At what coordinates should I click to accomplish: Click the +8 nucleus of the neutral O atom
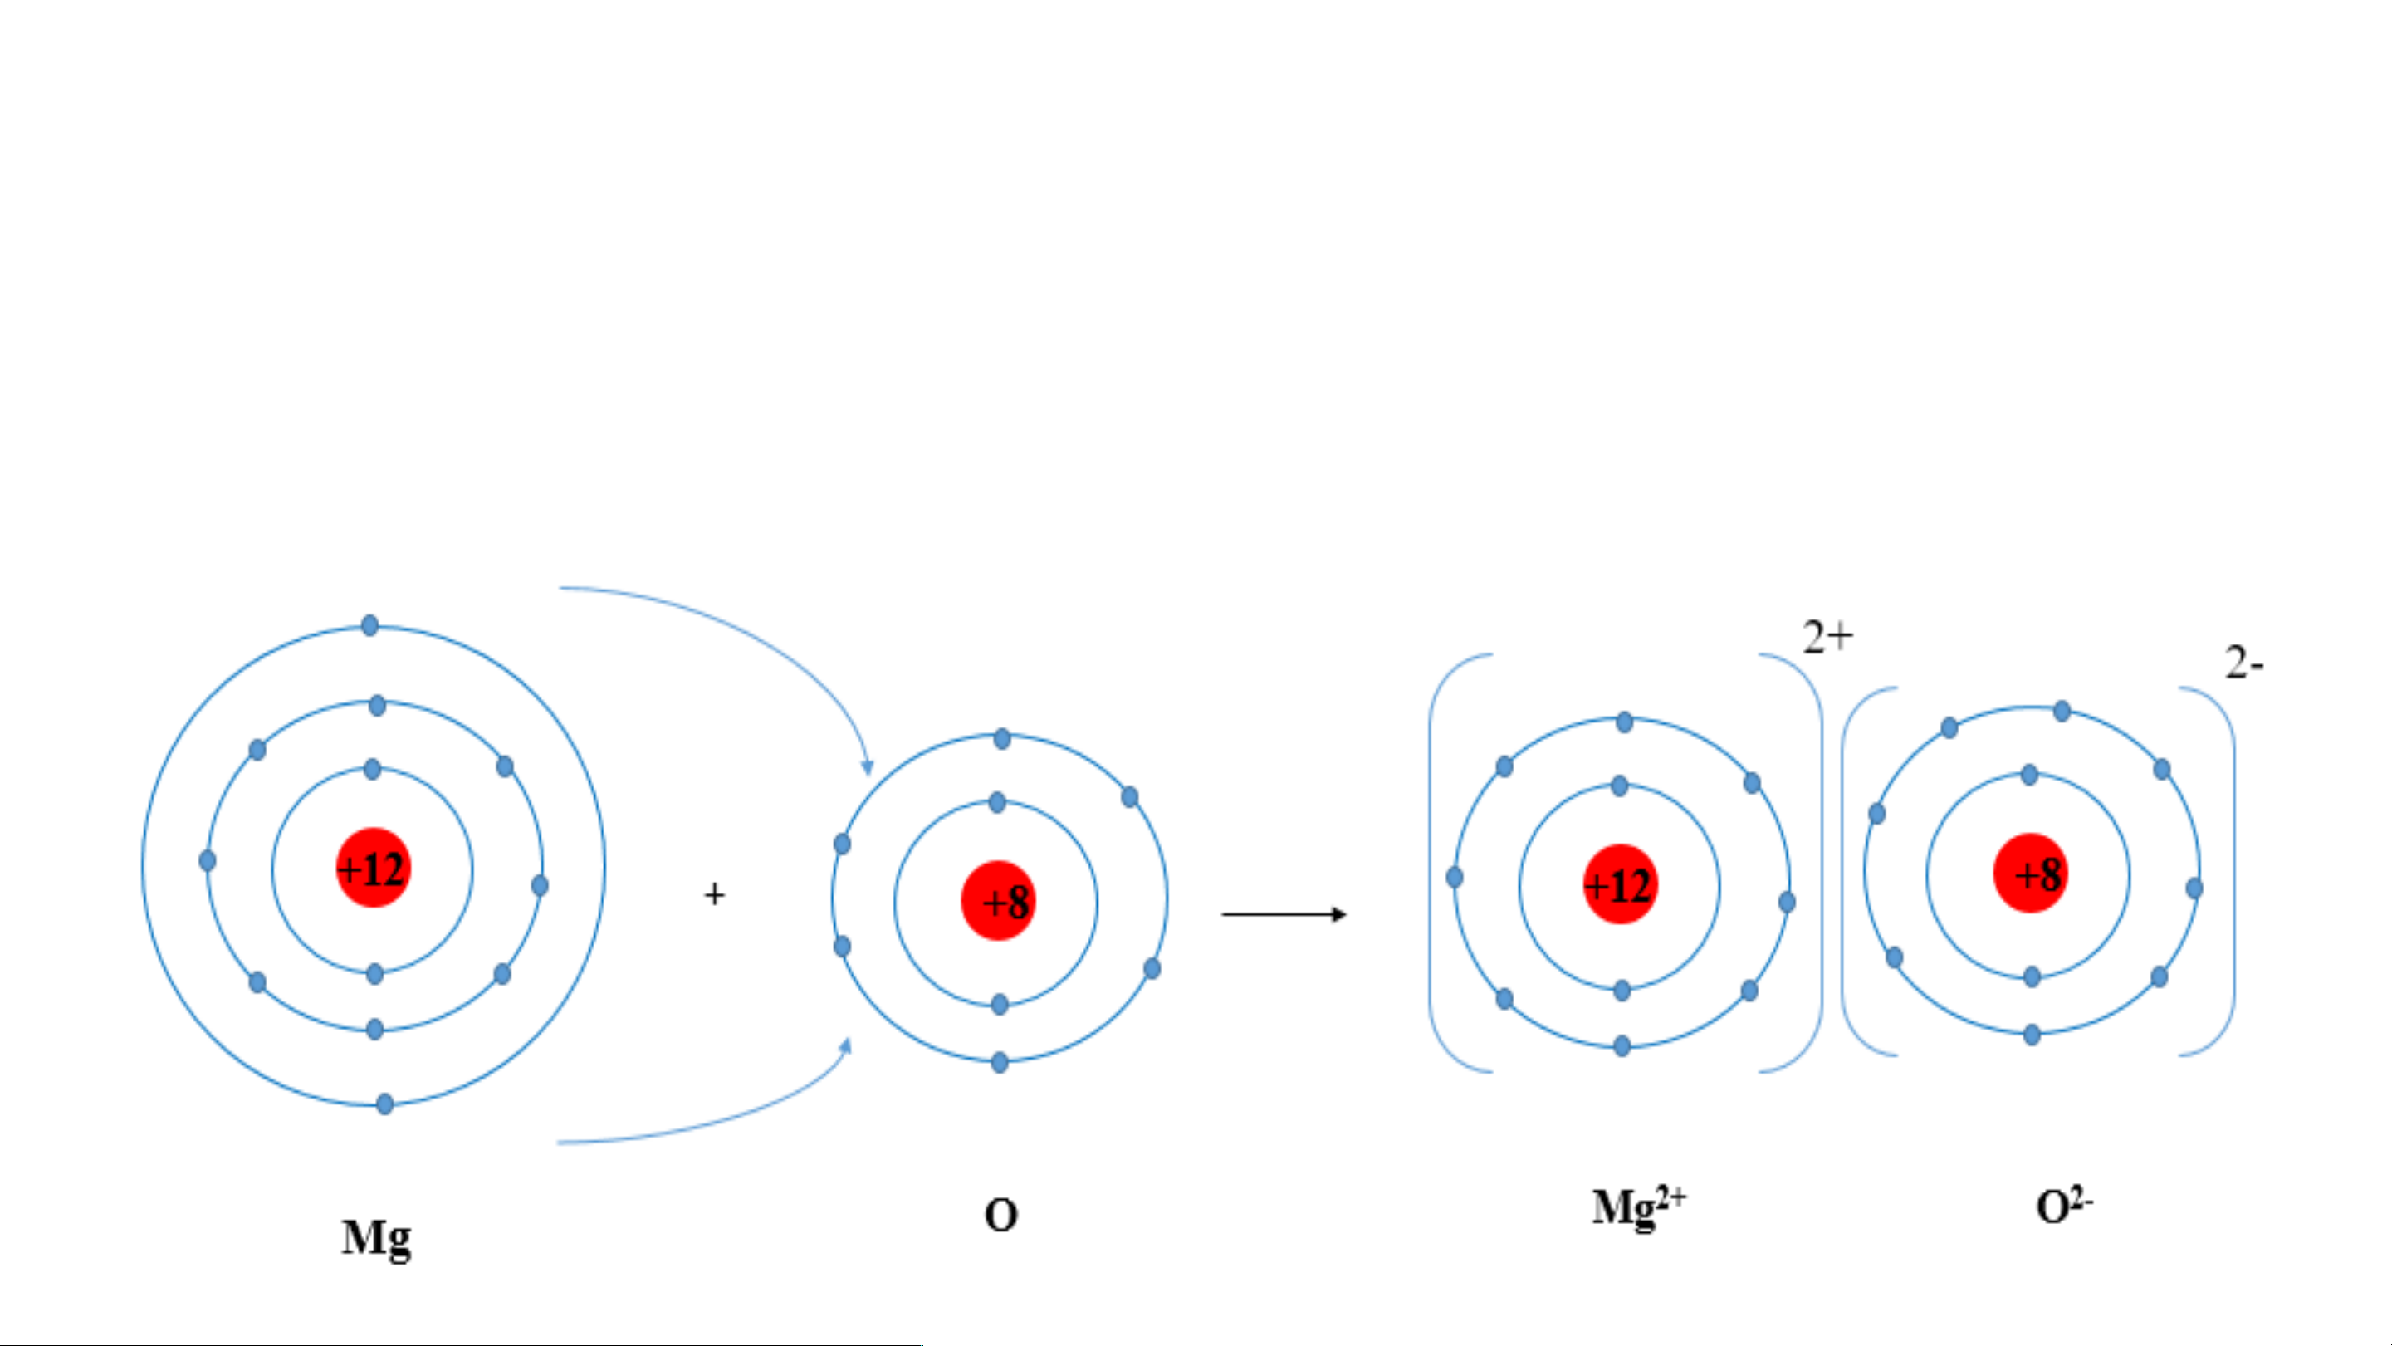998,900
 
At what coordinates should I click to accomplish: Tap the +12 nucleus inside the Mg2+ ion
1621,883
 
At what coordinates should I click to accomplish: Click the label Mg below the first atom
376,1238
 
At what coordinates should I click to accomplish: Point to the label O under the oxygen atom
1001,1215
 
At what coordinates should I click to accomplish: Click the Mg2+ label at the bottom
1639,1207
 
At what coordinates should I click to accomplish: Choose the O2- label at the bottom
2063,1207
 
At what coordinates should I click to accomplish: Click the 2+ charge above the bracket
1827,637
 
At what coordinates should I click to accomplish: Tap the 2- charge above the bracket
2244,663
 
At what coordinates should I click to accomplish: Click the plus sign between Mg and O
714,894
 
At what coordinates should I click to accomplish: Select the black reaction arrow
1284,915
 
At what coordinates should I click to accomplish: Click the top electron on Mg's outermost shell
369,625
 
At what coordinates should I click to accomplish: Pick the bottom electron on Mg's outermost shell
384,1104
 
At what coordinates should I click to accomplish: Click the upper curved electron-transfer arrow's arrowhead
868,767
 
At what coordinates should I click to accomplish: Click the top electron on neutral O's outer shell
1002,739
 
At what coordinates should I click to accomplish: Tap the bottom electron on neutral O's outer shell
999,1063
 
